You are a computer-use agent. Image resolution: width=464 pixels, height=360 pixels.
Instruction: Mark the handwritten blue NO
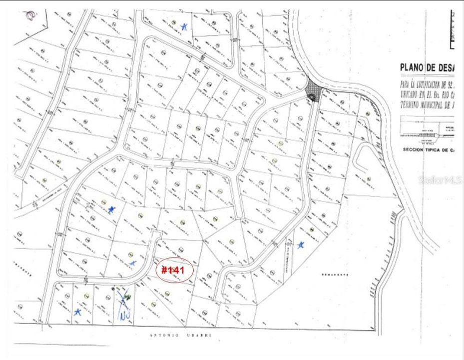[124, 315]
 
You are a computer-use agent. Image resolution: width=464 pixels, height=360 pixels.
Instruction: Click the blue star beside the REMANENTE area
[300, 245]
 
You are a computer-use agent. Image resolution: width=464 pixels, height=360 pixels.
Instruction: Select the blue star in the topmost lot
[184, 26]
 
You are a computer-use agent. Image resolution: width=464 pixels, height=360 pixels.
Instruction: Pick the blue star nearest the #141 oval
[132, 263]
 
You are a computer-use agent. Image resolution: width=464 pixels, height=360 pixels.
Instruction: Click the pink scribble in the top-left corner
[31, 15]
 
